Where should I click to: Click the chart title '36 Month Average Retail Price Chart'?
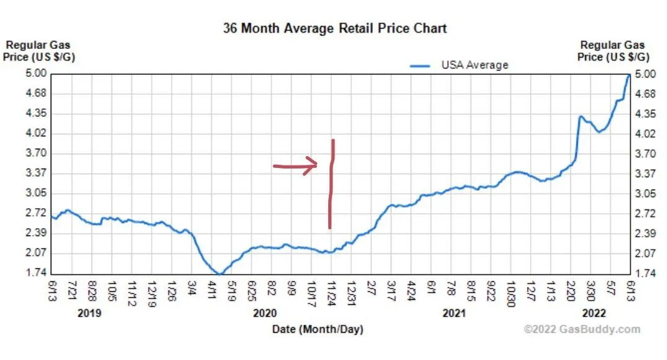point(334,28)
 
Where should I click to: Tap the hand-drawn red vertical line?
point(331,186)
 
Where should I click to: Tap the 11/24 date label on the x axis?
point(331,289)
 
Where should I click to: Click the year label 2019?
point(89,314)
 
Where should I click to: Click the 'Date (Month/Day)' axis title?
point(318,329)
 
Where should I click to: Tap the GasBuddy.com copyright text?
point(582,330)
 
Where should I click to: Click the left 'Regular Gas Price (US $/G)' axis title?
point(39,51)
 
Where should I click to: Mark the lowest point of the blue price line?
point(220,273)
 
